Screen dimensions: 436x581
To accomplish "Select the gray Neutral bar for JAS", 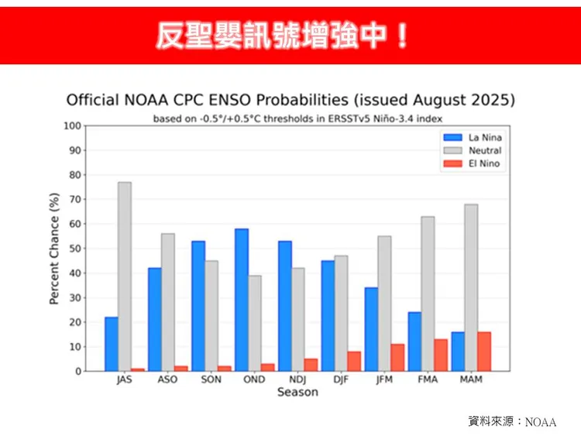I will click(125, 276).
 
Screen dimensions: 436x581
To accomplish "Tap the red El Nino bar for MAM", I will click(484, 351).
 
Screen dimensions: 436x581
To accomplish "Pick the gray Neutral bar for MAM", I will click(471, 287).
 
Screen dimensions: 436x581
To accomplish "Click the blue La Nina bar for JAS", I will click(112, 344).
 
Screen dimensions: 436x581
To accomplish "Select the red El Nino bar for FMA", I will click(441, 355).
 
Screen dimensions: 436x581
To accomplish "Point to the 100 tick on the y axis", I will click(72, 125).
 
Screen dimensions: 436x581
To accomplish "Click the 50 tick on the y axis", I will click(72, 249).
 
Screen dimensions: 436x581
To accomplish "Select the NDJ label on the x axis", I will click(297, 379).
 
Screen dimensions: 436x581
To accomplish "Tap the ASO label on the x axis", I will click(167, 379).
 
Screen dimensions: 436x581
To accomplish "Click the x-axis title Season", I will click(297, 393).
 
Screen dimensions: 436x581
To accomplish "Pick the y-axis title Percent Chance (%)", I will click(54, 249).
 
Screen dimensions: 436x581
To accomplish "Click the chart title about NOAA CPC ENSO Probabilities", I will click(290, 101).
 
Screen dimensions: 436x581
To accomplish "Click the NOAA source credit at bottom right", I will click(512, 421).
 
